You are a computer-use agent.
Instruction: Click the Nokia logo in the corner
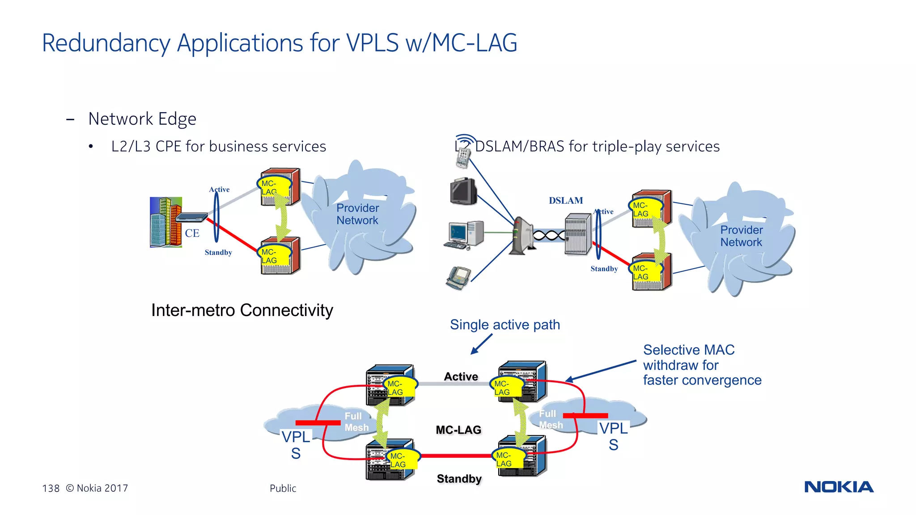coord(839,487)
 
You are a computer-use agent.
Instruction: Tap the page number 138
coord(51,488)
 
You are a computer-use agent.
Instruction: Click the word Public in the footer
coord(283,488)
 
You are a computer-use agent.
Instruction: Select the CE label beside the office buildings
coord(192,233)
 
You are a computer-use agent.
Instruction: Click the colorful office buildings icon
coord(165,222)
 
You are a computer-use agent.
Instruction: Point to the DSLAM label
coord(566,201)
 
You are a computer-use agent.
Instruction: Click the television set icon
coord(463,191)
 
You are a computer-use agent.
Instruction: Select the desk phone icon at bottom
coord(458,278)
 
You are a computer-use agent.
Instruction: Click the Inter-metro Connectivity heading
coord(242,310)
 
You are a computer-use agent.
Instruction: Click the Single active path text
coord(505,325)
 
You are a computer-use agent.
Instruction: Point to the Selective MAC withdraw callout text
coord(701,365)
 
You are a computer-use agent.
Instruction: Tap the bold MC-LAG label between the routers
coord(458,430)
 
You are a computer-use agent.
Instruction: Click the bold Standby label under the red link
coord(459,479)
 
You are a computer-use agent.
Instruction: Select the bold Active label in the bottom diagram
coord(461,377)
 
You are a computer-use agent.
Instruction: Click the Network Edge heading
coord(142,119)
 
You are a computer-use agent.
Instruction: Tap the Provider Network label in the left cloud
coord(357,214)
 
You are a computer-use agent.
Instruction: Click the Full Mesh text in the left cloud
coord(356,422)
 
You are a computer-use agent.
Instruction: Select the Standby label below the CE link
coord(218,253)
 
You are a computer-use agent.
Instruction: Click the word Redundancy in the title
coord(106,43)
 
